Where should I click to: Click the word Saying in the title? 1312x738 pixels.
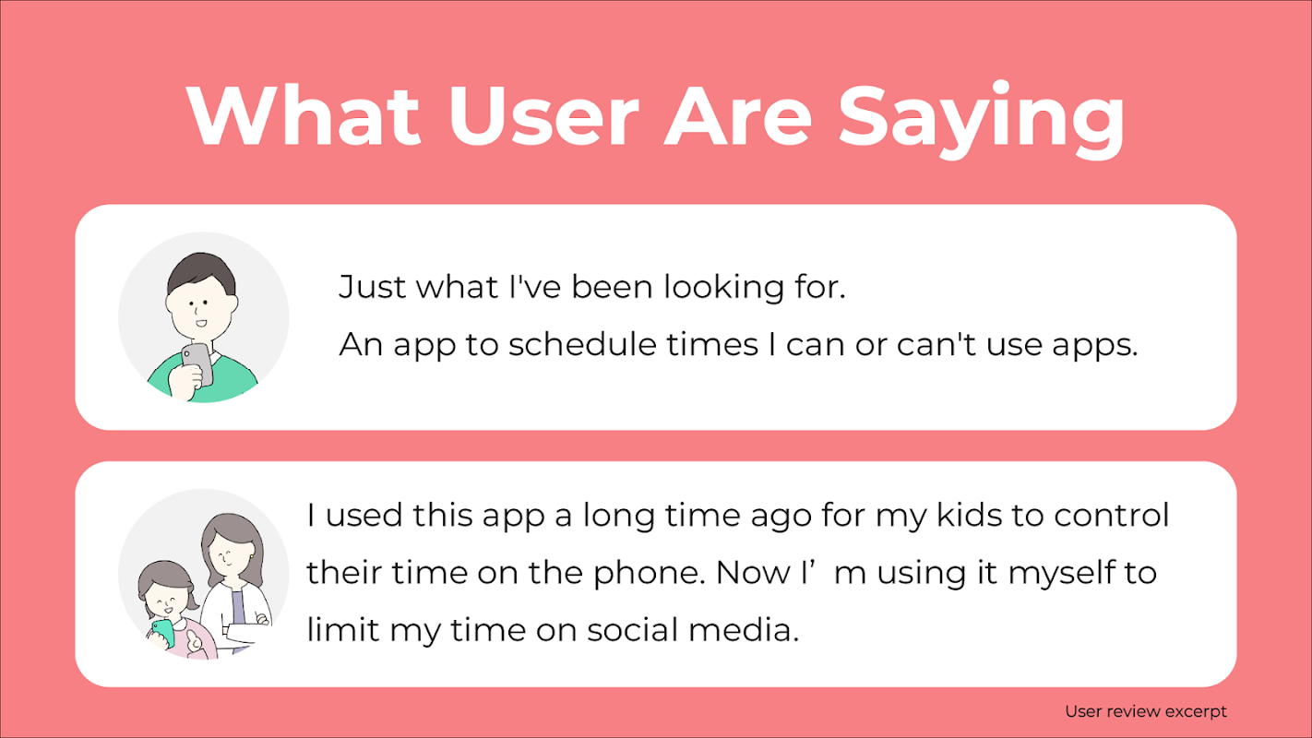982,121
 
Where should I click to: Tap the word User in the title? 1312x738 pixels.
543,115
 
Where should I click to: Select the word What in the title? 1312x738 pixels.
304,114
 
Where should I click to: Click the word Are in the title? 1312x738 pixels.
738,115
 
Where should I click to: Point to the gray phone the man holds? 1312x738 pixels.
197,363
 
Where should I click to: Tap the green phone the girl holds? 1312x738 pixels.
163,633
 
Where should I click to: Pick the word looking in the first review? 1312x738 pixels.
723,288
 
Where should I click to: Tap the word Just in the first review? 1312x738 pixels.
372,287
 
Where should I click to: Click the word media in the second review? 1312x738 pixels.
744,630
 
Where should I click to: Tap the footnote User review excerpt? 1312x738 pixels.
1146,711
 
